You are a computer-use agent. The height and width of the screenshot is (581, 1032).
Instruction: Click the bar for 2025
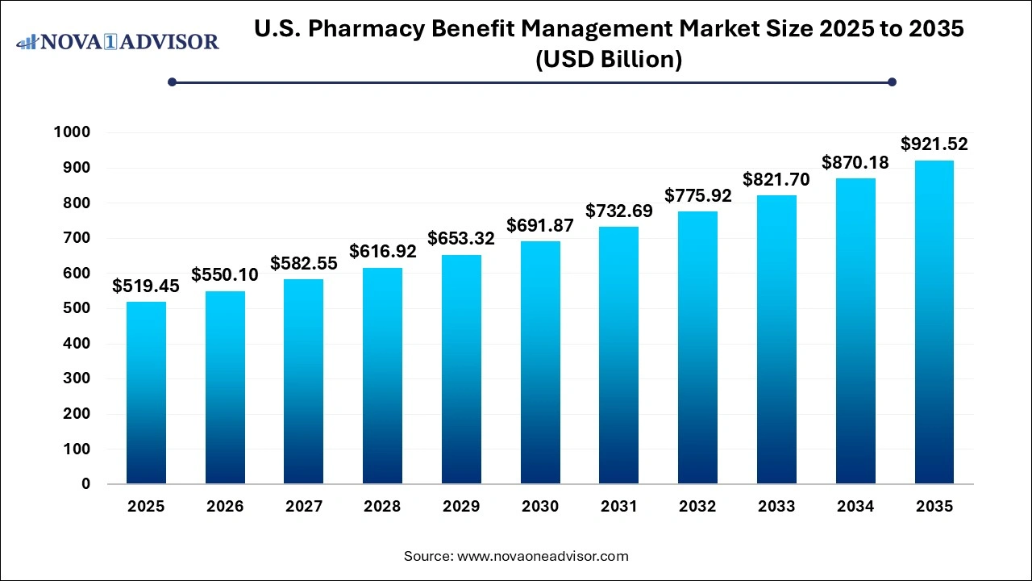point(146,393)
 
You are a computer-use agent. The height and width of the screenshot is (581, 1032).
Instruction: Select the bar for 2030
point(540,362)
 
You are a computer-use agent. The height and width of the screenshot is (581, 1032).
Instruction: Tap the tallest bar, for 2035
point(934,322)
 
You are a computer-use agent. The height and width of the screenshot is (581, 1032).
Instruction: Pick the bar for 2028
point(382,376)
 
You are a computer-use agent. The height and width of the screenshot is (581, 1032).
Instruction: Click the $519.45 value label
point(146,286)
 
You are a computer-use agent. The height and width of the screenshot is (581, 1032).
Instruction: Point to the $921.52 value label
point(934,144)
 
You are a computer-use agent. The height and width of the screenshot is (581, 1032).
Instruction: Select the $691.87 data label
point(540,225)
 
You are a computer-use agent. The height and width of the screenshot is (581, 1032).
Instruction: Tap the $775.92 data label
point(697,195)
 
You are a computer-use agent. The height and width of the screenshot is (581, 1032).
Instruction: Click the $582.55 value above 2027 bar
point(304,263)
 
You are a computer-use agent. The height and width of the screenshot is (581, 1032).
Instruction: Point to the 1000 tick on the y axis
point(73,132)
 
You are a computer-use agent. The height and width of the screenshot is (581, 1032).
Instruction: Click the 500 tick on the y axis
point(78,308)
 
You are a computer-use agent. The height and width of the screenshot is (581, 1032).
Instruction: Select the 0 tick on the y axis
point(85,484)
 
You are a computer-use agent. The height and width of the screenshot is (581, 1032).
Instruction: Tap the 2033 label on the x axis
point(776,507)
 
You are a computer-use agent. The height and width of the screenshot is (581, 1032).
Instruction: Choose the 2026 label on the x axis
point(225,507)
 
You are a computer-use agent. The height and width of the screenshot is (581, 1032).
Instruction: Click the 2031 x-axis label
point(618,507)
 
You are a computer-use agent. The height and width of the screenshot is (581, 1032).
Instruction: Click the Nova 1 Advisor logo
point(118,41)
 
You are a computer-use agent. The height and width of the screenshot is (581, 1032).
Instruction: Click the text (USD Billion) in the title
point(610,59)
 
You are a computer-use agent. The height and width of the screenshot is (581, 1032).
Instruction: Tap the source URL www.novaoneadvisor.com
point(543,556)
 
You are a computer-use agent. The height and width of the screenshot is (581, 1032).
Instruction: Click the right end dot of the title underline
point(892,82)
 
